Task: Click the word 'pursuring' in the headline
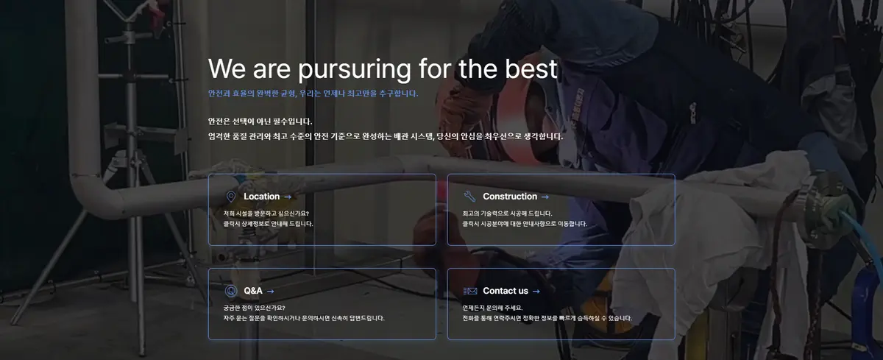point(355,70)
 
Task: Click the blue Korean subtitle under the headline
point(313,93)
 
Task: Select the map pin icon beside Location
point(230,197)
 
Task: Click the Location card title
point(261,197)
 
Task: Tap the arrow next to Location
point(288,197)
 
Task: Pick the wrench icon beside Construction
point(469,196)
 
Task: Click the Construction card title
point(510,197)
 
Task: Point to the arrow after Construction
point(545,197)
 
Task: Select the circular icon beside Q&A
point(231,291)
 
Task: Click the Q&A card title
point(252,291)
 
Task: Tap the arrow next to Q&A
point(271,292)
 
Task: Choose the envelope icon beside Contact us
point(470,291)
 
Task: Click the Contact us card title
point(506,291)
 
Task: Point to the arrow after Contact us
point(536,292)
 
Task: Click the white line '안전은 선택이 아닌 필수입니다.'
point(260,121)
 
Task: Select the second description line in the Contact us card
point(547,318)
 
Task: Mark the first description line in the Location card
point(266,213)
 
